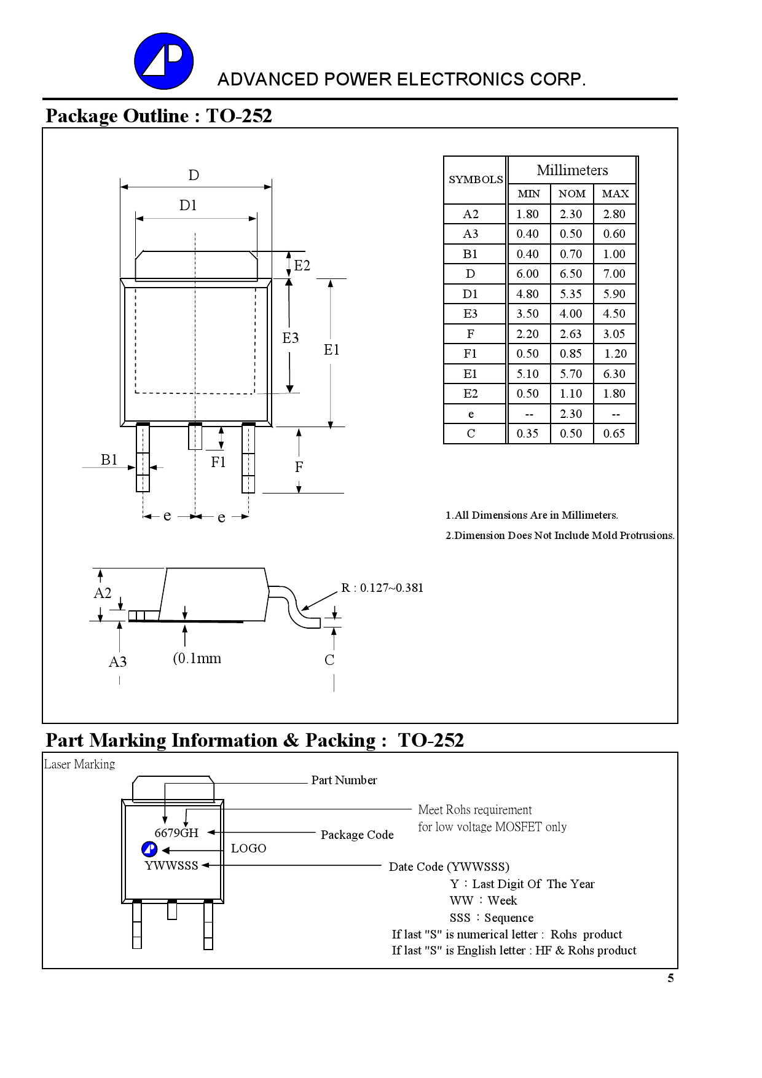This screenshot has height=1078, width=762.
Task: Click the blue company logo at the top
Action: click(163, 61)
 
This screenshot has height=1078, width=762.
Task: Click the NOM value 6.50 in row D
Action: click(571, 273)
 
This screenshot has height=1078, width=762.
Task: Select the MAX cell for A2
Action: click(614, 214)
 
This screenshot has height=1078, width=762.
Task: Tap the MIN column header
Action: click(528, 194)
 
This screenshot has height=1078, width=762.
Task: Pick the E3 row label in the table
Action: click(470, 313)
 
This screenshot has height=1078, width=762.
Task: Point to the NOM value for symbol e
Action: click(571, 414)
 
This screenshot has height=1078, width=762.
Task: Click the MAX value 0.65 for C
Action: click(614, 433)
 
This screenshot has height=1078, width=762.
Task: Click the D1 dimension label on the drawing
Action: click(188, 205)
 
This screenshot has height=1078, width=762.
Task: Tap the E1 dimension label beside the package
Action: click(331, 350)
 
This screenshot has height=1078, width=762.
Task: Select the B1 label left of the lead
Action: click(109, 460)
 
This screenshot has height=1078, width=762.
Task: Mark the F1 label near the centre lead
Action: click(218, 462)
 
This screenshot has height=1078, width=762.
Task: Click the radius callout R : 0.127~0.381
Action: click(382, 588)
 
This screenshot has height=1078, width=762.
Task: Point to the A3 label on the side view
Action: click(117, 662)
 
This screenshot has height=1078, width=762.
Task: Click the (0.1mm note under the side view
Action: click(197, 658)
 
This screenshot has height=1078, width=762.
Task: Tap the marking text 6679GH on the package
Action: click(176, 833)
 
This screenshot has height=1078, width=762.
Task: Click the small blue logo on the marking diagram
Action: click(149, 849)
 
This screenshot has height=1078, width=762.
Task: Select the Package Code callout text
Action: click(357, 835)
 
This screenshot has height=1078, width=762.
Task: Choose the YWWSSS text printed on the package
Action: click(171, 865)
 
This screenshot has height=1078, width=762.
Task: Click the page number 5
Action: click(670, 978)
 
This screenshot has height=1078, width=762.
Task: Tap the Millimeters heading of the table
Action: click(572, 170)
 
